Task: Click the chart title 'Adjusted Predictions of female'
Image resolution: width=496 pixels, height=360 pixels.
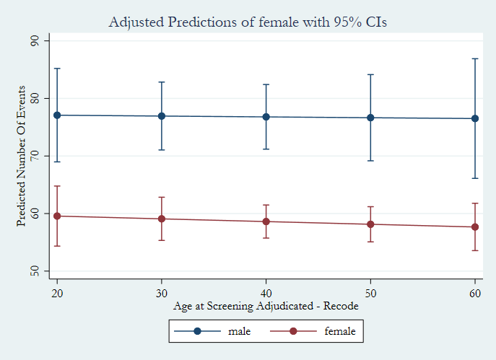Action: tap(248, 22)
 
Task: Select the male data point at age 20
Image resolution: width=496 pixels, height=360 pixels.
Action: tap(56, 115)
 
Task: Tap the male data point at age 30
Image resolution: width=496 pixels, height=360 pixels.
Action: tap(161, 116)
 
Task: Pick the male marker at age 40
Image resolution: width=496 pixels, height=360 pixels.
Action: tap(266, 117)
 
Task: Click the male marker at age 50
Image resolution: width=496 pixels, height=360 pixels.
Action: tap(370, 118)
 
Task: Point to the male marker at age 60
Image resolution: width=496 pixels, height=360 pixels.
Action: tap(475, 118)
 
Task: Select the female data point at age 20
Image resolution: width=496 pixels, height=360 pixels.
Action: tap(56, 216)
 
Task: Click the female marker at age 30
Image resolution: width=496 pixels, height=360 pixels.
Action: tap(161, 219)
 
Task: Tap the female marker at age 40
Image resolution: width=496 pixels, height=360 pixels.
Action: tap(266, 221)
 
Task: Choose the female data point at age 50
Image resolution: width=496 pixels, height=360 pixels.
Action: tap(370, 224)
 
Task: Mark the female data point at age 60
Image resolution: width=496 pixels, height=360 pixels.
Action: tap(475, 227)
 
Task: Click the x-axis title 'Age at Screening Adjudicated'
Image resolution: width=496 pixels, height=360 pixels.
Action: tap(266, 305)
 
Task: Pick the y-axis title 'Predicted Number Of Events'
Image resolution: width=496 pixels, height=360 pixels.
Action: tap(22, 156)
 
